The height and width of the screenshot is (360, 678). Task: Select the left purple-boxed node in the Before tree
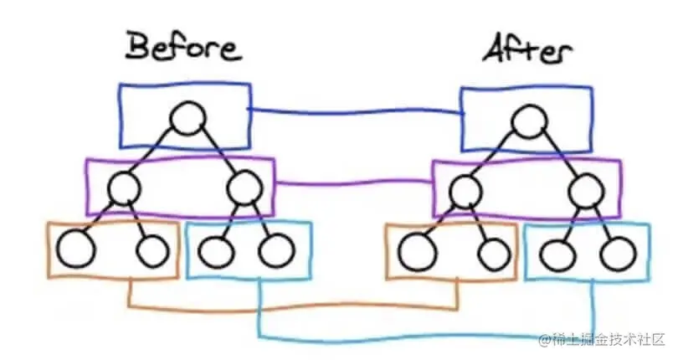(x=124, y=188)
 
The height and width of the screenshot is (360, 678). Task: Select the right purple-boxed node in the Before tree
(x=244, y=187)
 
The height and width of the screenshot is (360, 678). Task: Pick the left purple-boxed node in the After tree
(x=465, y=193)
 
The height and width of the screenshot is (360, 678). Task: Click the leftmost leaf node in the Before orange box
(x=74, y=249)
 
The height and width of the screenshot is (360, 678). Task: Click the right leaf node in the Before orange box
(x=152, y=249)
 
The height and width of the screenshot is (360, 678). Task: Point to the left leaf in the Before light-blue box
(x=218, y=249)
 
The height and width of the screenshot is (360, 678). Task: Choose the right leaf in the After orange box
(x=495, y=252)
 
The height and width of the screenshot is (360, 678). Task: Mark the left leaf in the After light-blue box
(x=559, y=252)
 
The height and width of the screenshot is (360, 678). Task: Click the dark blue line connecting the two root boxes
(x=356, y=112)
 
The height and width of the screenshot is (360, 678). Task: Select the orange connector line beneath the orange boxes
(x=293, y=306)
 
